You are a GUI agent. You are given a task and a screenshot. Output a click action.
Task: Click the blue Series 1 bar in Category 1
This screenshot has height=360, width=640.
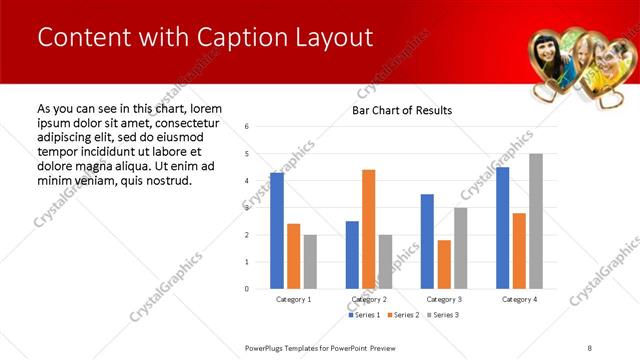[277, 231]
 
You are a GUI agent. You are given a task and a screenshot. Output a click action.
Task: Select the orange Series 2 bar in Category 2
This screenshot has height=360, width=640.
[368, 229]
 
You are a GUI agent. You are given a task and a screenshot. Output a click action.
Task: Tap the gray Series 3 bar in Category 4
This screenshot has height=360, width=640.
[536, 221]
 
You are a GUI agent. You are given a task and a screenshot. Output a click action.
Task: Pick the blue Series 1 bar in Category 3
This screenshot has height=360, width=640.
[427, 241]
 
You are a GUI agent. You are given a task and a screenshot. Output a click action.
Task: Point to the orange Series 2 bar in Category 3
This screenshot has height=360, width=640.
[444, 264]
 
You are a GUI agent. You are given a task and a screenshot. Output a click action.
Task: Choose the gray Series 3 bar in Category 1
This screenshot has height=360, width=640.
[310, 262]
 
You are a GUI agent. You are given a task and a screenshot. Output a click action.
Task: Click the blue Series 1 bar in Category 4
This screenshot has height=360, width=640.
[502, 228]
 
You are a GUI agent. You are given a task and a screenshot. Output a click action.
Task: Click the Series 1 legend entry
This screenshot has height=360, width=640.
[364, 315]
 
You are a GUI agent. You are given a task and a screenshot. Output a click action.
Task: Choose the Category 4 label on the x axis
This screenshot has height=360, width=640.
[519, 299]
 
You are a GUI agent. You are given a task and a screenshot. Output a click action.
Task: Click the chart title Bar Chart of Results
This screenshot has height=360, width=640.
[402, 110]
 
